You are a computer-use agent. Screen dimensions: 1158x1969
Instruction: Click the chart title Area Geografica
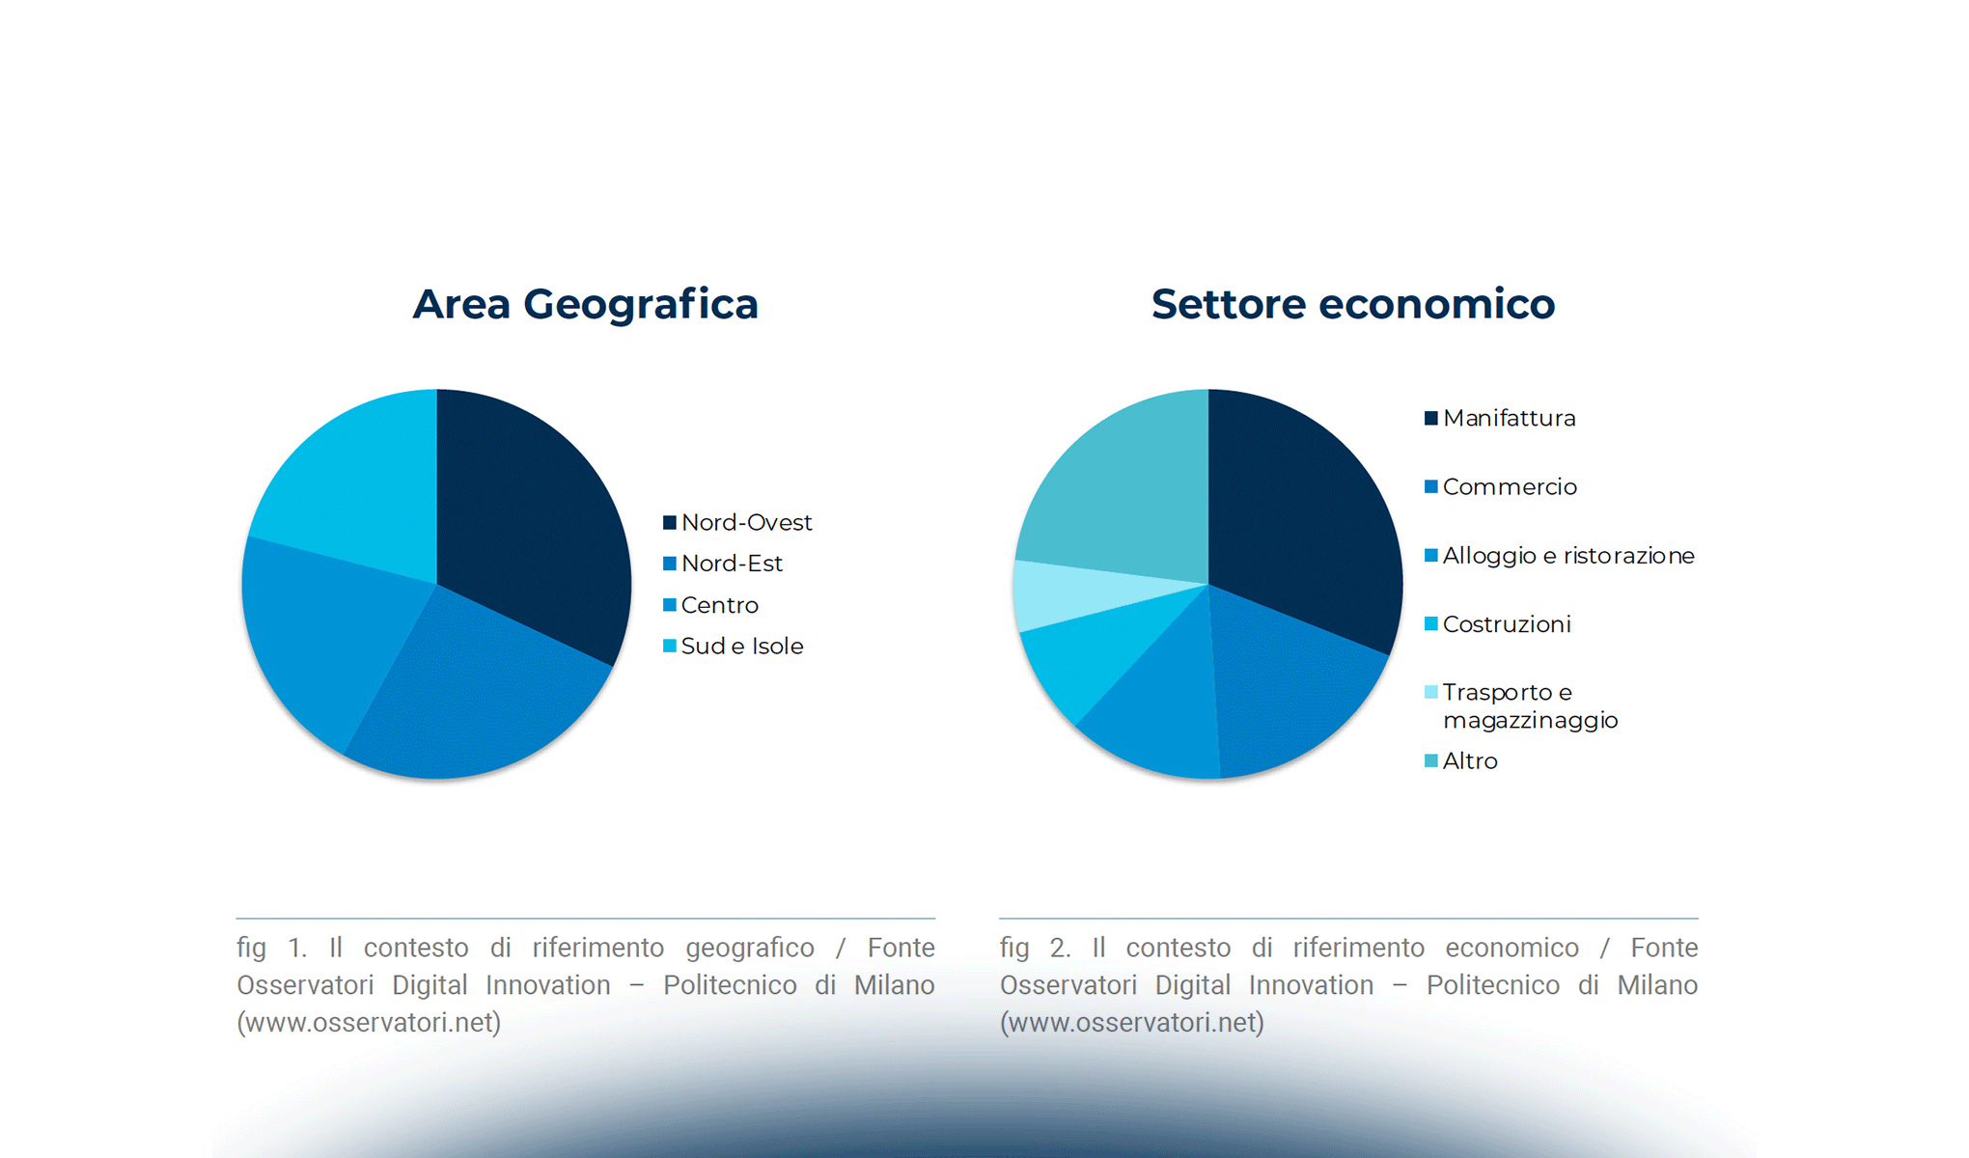point(585,304)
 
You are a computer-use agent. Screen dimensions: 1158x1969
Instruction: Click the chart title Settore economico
point(1352,304)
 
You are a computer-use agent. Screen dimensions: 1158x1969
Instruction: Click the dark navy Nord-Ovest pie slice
point(531,521)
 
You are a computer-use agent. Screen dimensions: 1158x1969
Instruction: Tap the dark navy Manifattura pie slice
point(1303,511)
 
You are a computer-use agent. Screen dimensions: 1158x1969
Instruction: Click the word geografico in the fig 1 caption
point(750,948)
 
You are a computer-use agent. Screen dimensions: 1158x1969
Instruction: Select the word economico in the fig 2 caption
point(1511,948)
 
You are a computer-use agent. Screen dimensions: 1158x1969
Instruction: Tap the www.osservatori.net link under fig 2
point(1131,1022)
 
